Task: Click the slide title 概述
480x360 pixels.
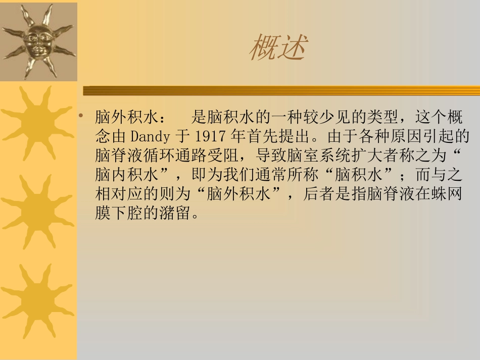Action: [x=278, y=48]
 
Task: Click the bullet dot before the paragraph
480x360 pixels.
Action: [x=81, y=117]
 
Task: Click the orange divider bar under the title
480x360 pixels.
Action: [x=281, y=91]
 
